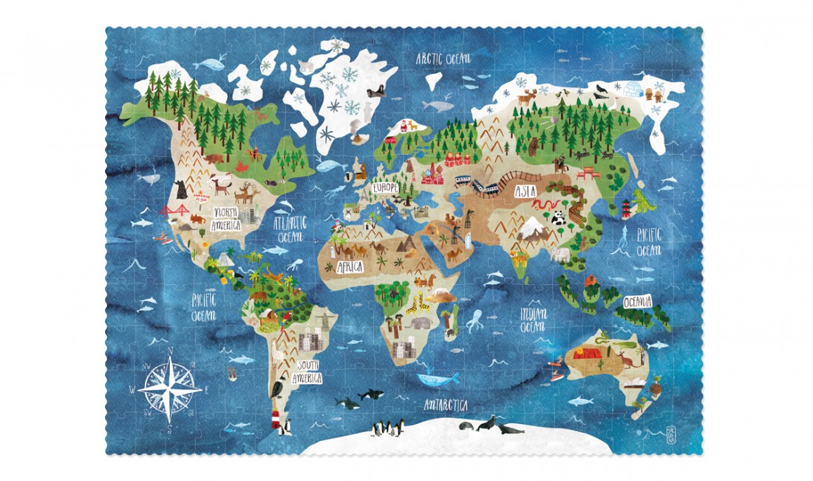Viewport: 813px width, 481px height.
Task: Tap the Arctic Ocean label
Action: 443,58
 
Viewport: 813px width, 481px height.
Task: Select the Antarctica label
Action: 445,405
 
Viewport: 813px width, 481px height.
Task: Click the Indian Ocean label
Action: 534,318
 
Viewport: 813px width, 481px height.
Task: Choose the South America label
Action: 310,371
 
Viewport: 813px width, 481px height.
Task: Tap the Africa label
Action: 350,266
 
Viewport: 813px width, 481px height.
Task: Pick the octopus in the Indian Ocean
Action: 474,320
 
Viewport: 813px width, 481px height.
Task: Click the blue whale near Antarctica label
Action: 438,379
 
